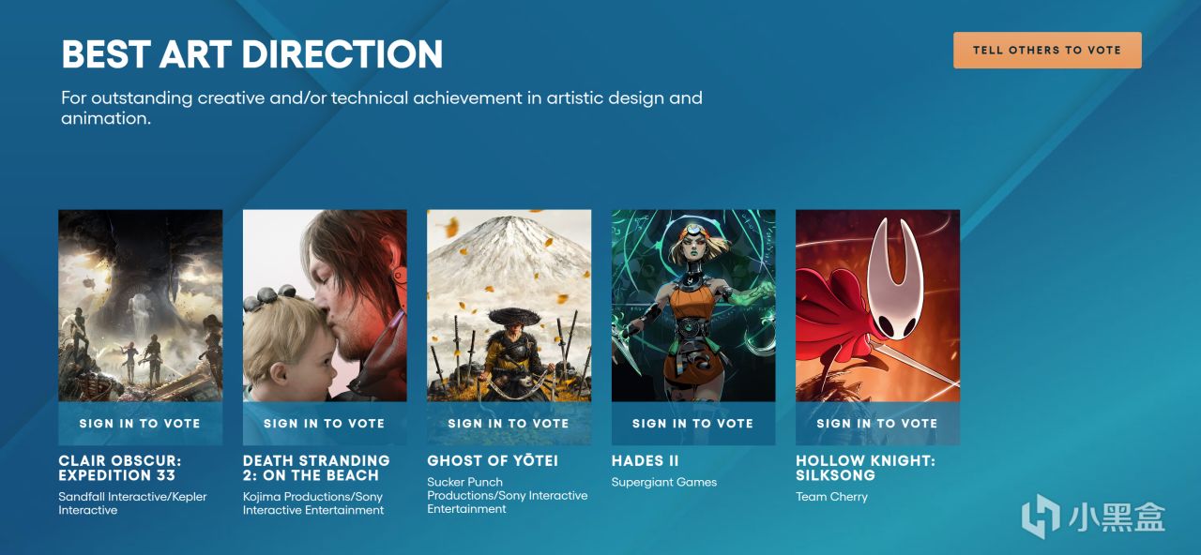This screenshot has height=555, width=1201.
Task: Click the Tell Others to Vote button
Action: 1047,51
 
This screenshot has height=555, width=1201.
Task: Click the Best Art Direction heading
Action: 252,54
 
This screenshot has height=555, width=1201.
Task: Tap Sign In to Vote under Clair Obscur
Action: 140,423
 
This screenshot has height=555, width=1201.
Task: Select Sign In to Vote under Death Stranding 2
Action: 325,423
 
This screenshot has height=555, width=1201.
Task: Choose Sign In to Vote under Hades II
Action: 693,423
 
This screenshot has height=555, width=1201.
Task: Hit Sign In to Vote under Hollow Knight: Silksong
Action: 877,423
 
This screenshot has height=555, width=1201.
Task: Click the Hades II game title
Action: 645,460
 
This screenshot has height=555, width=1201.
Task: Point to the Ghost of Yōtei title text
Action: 493,460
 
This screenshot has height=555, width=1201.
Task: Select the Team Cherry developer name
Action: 831,497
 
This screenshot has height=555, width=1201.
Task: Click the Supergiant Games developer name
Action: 664,482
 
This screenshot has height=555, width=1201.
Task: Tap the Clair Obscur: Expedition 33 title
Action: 120,468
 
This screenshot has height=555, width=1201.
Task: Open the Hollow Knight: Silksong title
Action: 865,468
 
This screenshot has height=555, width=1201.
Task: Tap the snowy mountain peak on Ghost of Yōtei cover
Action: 509,225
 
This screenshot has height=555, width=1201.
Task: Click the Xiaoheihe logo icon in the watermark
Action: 1041,516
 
